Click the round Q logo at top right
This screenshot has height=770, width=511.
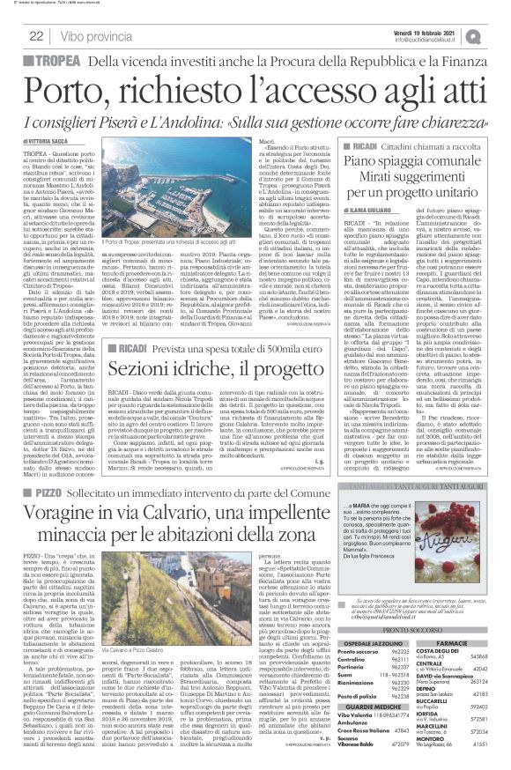(499, 34)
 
